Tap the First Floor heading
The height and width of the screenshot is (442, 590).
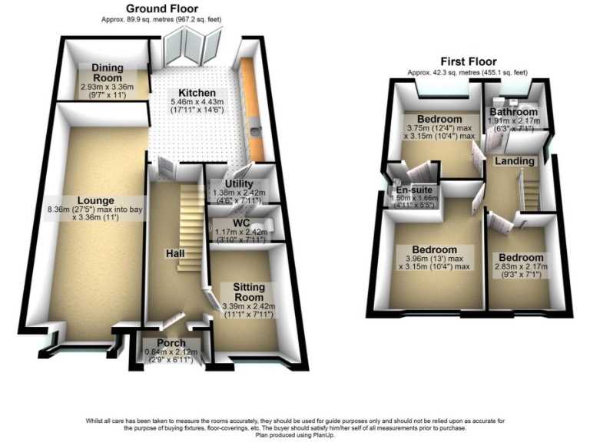[468, 61]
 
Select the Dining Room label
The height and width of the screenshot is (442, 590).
[108, 73]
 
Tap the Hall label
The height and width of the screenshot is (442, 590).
[174, 252]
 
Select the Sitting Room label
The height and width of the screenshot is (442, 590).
[244, 292]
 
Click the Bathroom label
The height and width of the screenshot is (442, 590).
[514, 112]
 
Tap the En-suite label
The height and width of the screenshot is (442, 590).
[413, 190]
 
